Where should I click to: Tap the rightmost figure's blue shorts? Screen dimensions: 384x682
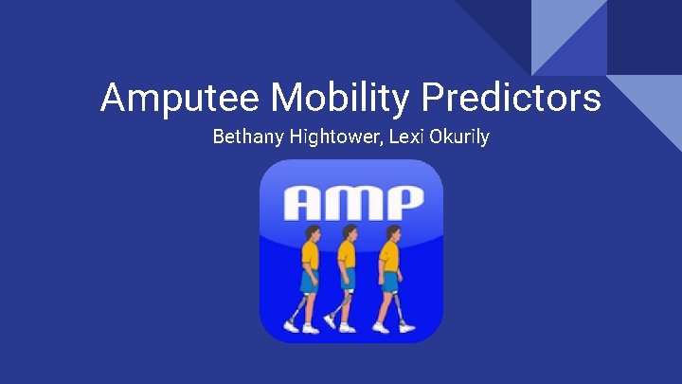(388, 281)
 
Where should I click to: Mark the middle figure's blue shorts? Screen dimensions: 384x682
(348, 281)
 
